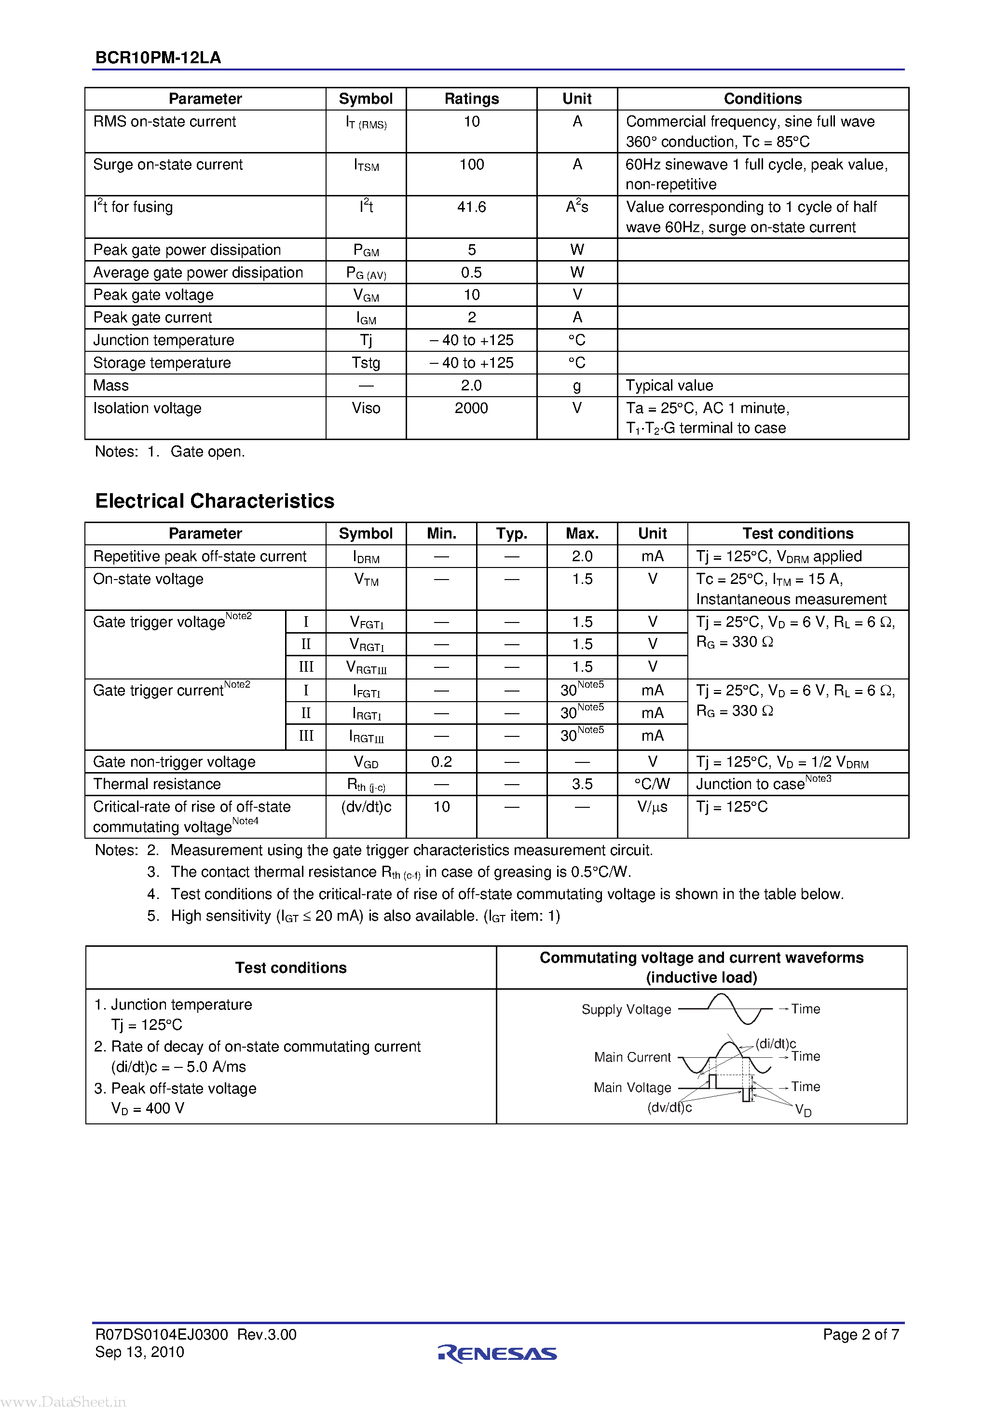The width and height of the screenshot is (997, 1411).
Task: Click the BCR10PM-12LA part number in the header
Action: (158, 58)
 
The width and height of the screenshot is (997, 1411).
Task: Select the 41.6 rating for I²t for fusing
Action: (471, 207)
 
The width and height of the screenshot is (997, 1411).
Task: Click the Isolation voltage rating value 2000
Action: (471, 408)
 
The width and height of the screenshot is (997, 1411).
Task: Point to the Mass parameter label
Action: (111, 385)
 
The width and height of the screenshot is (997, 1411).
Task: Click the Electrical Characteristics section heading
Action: (214, 501)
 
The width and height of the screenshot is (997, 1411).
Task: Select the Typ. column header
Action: (511, 533)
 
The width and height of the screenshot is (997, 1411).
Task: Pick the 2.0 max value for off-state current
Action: (582, 556)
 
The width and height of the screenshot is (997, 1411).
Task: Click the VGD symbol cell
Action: (366, 762)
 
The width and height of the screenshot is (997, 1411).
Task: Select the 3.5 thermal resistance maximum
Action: (582, 784)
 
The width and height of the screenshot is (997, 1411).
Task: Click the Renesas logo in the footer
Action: (498, 1353)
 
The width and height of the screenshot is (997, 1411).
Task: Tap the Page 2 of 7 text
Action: (860, 1334)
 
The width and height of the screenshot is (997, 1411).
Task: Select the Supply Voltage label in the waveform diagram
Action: (626, 1010)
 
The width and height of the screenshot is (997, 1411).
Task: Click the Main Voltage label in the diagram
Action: (632, 1088)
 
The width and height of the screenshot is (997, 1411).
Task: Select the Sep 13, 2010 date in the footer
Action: (139, 1352)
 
